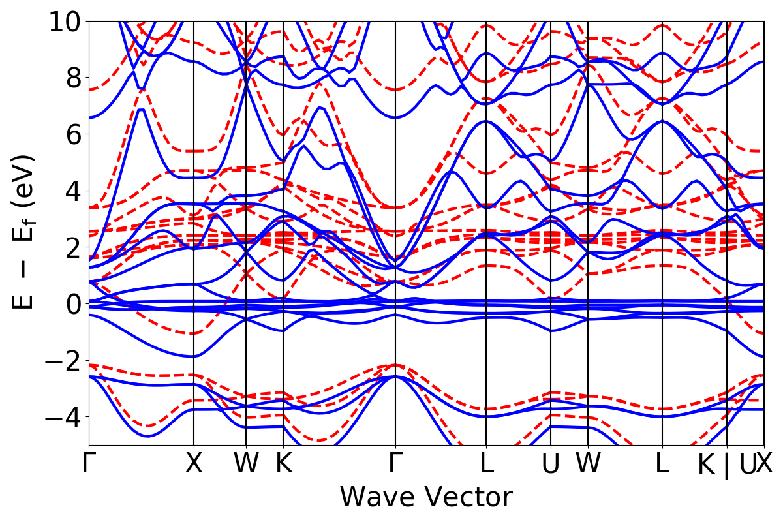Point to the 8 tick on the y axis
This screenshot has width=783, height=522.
pos(70,78)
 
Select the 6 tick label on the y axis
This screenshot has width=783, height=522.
pos(70,134)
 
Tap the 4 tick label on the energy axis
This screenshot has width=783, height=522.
pos(70,191)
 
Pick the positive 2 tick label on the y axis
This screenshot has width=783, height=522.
pos(70,247)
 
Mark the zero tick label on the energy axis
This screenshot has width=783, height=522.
pos(70,304)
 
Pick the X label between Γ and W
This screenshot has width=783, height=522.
pos(194,463)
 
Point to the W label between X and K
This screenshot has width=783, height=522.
pos(246,463)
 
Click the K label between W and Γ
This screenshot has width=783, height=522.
pos(283,463)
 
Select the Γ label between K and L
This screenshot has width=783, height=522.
pos(395,463)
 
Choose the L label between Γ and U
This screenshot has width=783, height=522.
pos(486,463)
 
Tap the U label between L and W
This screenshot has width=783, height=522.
pos(551,463)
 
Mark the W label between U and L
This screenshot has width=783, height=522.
pos(588,463)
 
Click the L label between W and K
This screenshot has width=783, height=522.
pos(662,463)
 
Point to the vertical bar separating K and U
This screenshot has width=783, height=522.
pos(727,465)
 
